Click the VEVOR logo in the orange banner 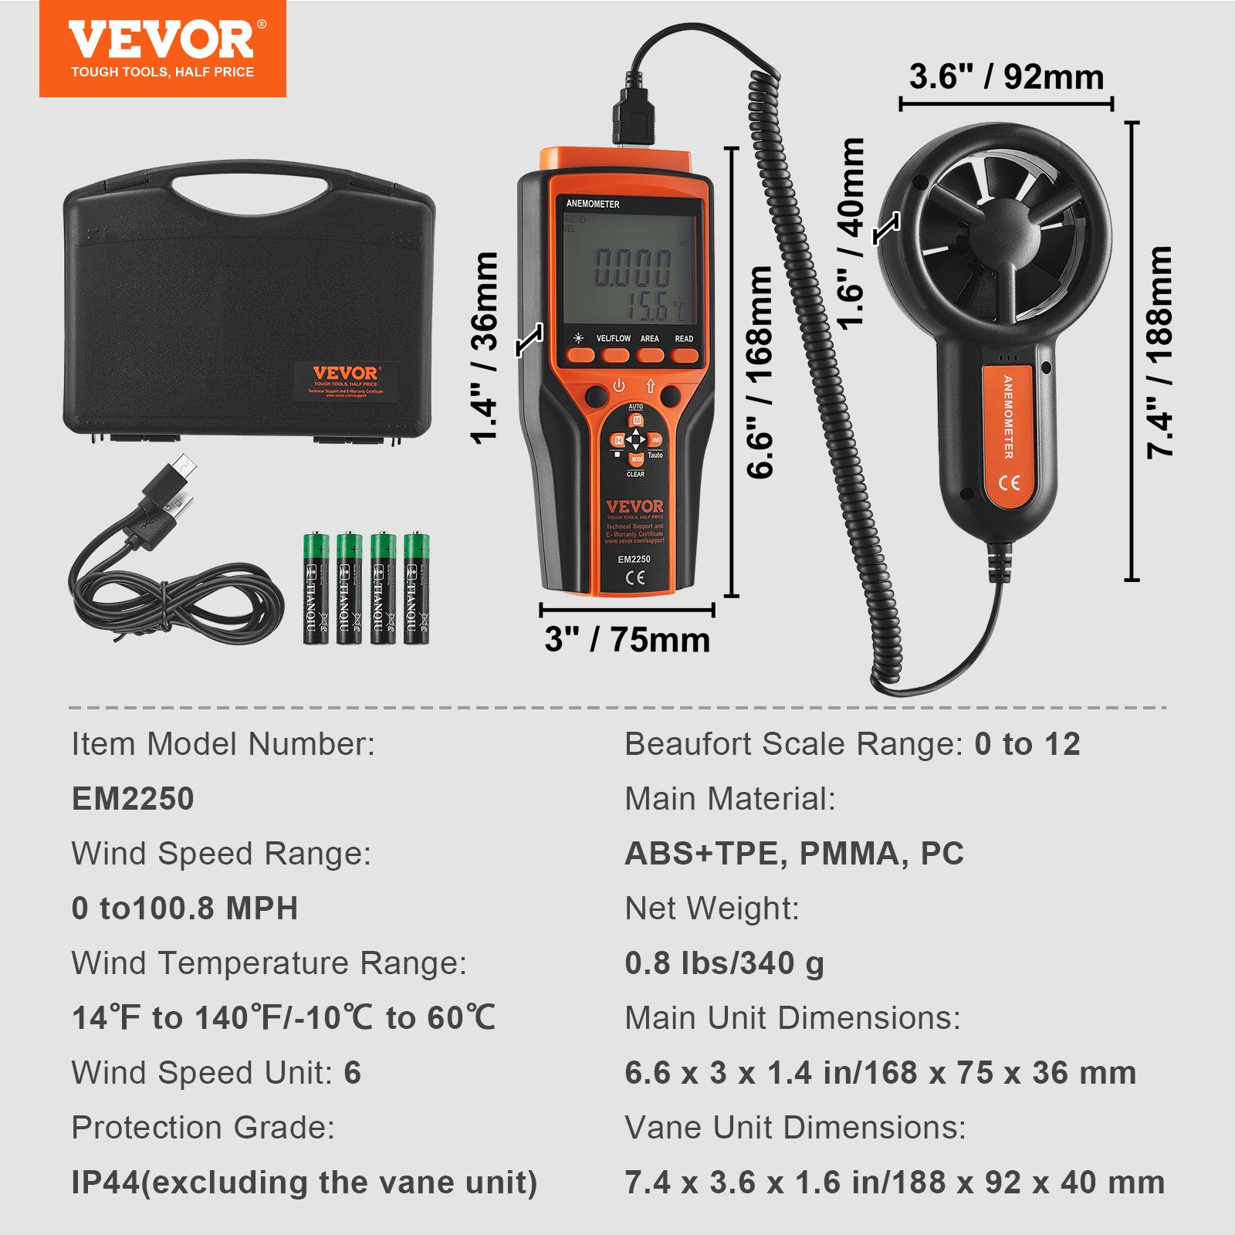162,40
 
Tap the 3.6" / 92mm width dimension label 1006,77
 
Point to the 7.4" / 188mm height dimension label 1159,352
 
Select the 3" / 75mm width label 627,640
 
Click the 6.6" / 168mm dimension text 760,371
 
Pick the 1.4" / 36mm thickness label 485,347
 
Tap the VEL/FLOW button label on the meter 613,339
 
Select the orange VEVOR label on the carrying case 345,381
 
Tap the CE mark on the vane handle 1010,483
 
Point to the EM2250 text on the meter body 634,559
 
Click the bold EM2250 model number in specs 133,799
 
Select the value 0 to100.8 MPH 184,908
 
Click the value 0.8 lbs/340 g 724,963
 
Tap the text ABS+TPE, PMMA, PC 794,854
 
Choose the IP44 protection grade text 303,1183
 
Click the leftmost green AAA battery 316,588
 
